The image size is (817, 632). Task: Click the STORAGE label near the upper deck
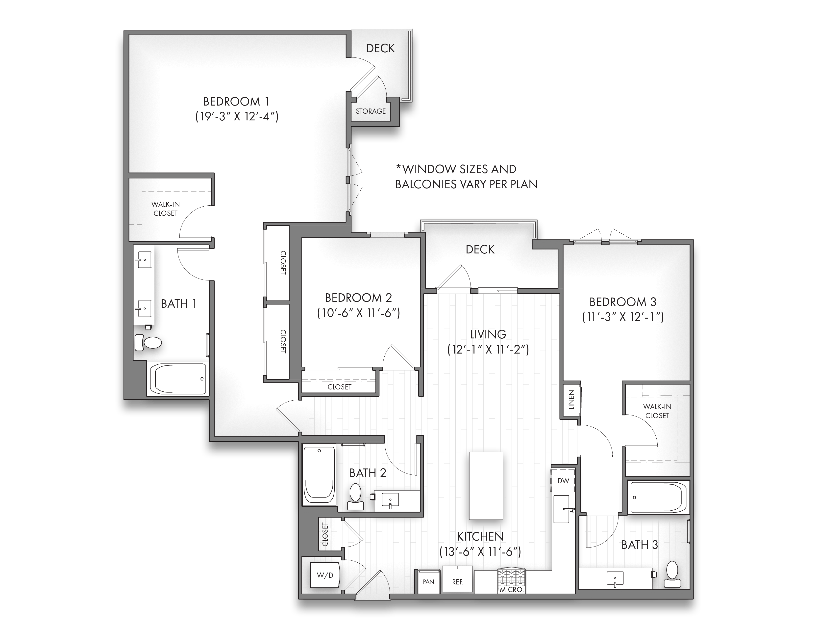(370, 111)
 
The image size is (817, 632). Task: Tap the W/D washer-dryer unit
(325, 575)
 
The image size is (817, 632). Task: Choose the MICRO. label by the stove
(511, 589)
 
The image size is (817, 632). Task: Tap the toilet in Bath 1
(148, 342)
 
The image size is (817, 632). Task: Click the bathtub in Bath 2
(319, 475)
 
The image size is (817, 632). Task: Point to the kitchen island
(486, 486)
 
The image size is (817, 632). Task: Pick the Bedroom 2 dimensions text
(358, 313)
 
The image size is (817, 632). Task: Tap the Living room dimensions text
(488, 350)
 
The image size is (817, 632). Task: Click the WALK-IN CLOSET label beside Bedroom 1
(165, 209)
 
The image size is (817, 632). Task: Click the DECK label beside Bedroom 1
(380, 48)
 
